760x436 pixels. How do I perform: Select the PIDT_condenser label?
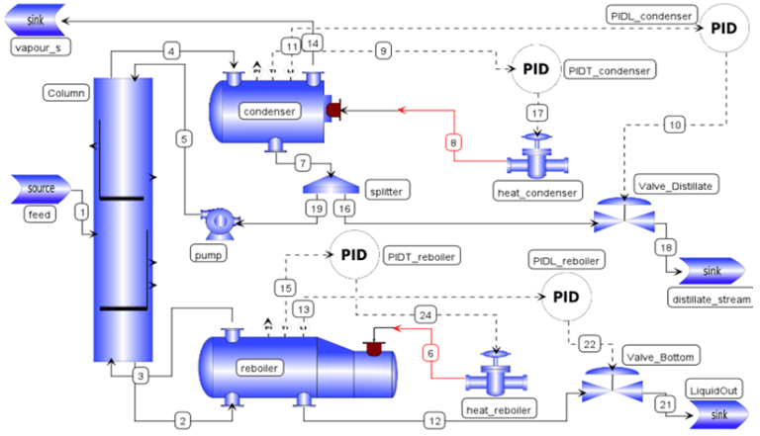(610, 71)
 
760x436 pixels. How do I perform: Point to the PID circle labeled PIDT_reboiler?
(353, 253)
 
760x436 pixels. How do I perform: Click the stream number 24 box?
(427, 315)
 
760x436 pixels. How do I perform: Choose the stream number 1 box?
(82, 211)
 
